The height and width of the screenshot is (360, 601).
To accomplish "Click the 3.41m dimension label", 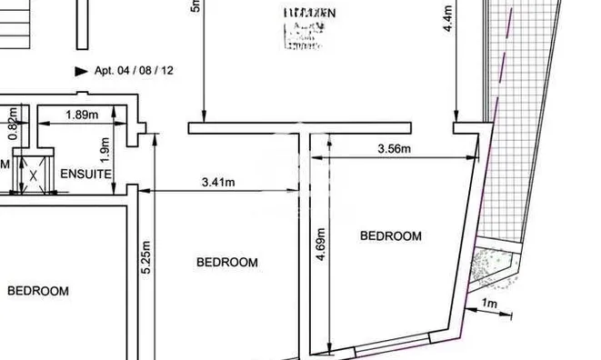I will pyautogui.click(x=217, y=182).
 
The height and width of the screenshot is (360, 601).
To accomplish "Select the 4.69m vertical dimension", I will pyautogui.click(x=321, y=244).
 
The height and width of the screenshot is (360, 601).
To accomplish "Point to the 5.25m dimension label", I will pyautogui.click(x=145, y=258).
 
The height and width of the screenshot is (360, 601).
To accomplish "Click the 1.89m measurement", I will pyautogui.click(x=82, y=115).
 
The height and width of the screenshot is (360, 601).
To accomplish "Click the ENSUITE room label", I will pyautogui.click(x=85, y=173).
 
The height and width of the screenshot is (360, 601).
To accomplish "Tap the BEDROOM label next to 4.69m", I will pyautogui.click(x=391, y=236).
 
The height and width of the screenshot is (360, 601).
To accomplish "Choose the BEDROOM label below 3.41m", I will pyautogui.click(x=227, y=262).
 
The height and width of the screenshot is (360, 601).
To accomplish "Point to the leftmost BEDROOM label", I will pyautogui.click(x=38, y=291).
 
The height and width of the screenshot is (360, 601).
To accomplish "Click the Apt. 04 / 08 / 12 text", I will pyautogui.click(x=135, y=70).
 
